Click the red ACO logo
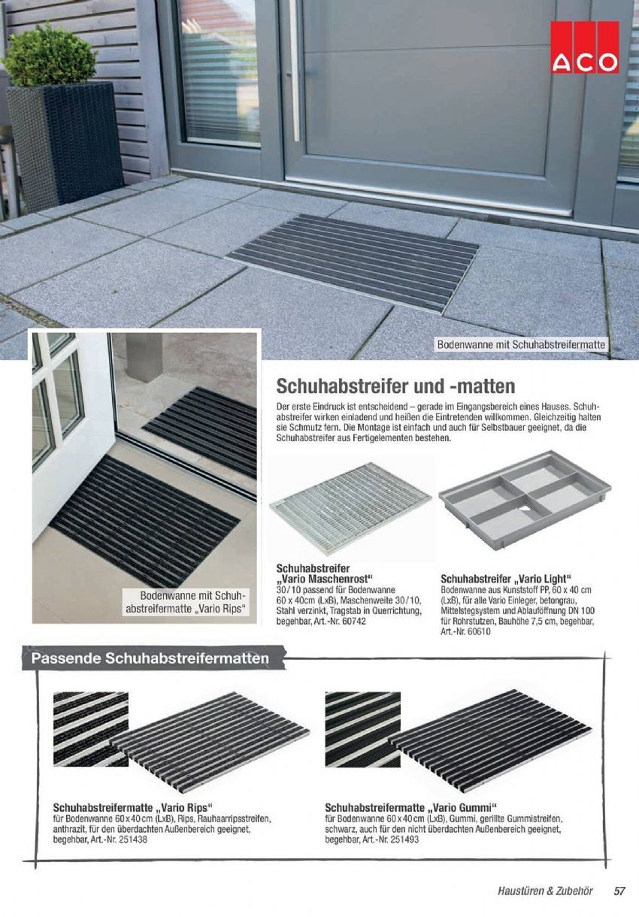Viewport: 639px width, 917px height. click(x=584, y=47)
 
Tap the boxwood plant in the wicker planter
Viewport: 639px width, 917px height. click(x=48, y=56)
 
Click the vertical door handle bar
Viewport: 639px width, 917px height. click(x=295, y=71)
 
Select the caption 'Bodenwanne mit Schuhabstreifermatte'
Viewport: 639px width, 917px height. click(x=521, y=345)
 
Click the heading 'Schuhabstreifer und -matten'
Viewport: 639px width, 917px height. click(x=395, y=386)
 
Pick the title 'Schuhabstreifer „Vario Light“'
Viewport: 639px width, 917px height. click(x=506, y=579)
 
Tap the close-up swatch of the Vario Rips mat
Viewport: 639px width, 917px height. click(x=91, y=729)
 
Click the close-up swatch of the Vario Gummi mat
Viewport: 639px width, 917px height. click(x=362, y=729)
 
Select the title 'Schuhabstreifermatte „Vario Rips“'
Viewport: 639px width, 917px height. click(x=133, y=808)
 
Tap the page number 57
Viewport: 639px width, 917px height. click(x=619, y=891)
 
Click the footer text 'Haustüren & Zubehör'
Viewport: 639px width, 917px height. click(x=545, y=891)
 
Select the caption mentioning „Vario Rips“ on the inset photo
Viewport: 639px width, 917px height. click(x=186, y=602)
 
